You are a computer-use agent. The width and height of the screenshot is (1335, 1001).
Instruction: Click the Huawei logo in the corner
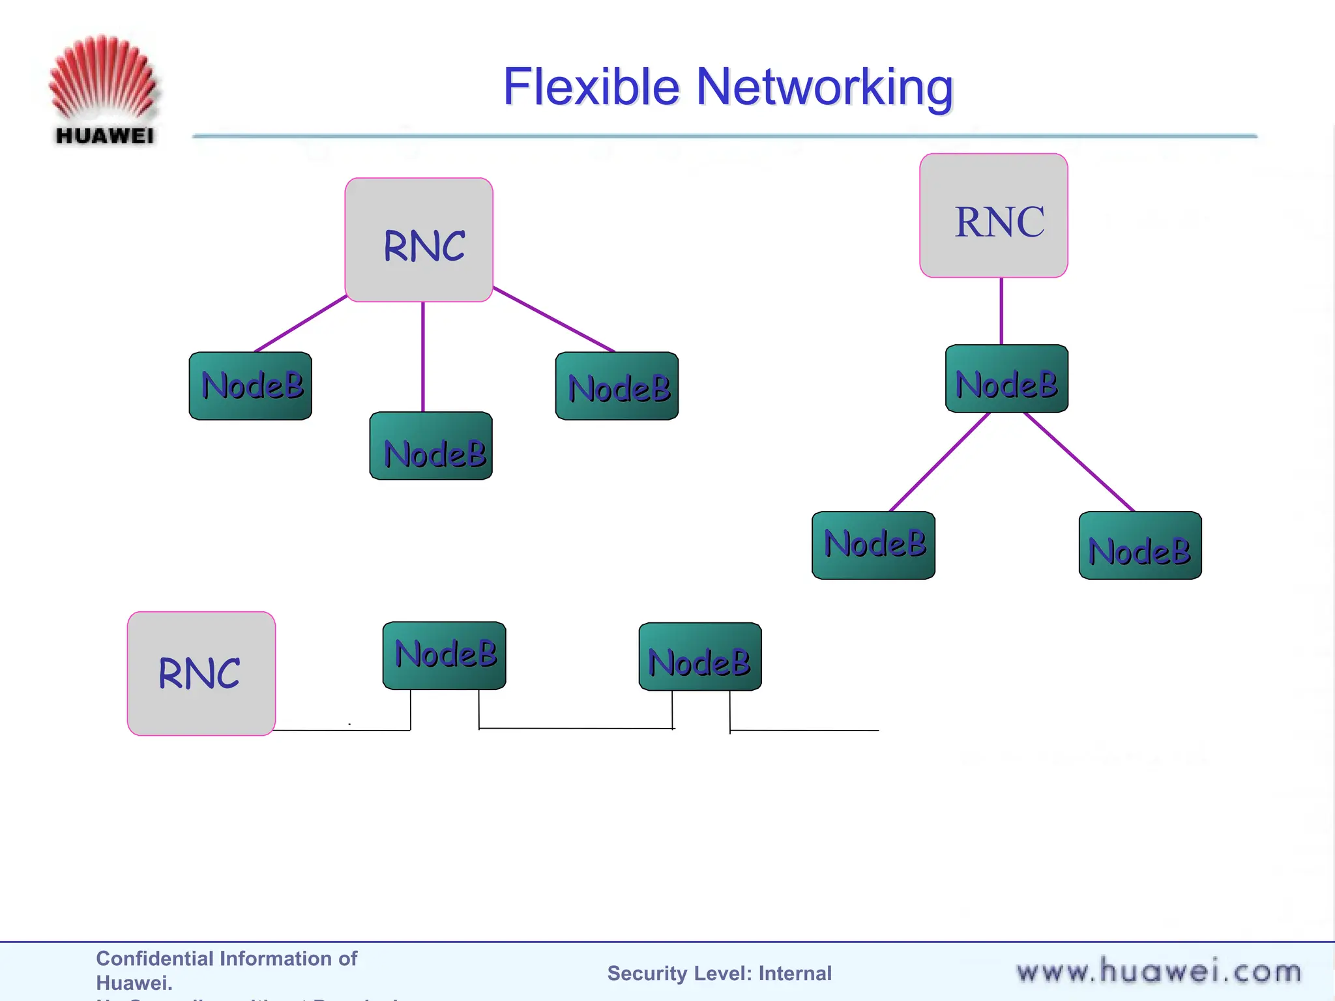click(104, 90)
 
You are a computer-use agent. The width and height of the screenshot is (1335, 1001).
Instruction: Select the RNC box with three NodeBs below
click(418, 240)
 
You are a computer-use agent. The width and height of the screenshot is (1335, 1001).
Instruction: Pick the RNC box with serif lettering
click(993, 216)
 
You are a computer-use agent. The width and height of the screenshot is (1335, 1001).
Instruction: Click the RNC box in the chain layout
click(201, 673)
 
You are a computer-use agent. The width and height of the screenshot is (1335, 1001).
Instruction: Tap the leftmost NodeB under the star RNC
click(250, 386)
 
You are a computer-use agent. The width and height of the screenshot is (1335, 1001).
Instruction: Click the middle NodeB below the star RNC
click(431, 446)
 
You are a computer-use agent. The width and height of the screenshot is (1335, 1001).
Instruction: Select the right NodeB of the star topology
click(617, 386)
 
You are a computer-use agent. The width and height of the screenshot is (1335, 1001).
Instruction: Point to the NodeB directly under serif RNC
click(1006, 379)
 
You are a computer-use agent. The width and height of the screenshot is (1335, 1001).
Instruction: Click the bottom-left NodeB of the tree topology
click(873, 545)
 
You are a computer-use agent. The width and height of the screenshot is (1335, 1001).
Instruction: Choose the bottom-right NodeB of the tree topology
click(1140, 545)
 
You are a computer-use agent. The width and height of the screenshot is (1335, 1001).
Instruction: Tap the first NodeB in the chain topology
click(444, 655)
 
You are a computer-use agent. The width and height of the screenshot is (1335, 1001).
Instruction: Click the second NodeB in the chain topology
click(700, 656)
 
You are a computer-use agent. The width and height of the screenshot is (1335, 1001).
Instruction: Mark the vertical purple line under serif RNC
click(1001, 311)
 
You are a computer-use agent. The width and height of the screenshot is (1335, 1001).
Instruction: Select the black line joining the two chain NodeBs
click(576, 728)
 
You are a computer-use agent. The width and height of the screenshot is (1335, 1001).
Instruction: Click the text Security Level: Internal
click(719, 973)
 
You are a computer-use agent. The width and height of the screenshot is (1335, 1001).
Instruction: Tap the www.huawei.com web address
click(1158, 972)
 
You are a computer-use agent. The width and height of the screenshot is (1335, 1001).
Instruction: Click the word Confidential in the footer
click(154, 958)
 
